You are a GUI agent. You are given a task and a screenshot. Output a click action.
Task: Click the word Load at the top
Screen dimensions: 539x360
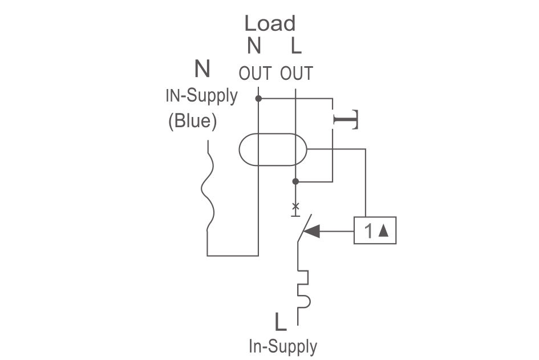point(270,23)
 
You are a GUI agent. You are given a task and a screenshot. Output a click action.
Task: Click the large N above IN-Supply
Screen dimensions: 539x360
point(202,69)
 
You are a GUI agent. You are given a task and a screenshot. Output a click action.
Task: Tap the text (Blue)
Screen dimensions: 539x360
point(193,121)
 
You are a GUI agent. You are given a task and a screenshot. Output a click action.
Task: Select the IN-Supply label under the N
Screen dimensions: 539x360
point(201,96)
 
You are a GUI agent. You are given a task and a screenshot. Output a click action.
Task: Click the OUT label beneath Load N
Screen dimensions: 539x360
point(255,73)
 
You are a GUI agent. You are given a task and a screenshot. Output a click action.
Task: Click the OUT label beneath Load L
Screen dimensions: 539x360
point(297,73)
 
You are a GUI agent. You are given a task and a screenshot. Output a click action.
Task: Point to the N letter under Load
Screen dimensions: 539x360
point(254,46)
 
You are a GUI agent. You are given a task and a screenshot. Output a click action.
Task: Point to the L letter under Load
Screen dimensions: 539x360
point(296,46)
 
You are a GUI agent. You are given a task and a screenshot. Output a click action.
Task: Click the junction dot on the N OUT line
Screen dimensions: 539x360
point(258,99)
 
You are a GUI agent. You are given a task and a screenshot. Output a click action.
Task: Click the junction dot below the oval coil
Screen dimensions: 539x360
point(295,181)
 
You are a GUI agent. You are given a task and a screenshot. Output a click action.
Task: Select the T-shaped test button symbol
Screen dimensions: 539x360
point(346,120)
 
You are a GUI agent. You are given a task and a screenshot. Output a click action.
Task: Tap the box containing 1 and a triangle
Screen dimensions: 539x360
point(375,230)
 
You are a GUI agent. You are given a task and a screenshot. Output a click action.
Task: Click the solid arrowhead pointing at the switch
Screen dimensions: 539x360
point(312,231)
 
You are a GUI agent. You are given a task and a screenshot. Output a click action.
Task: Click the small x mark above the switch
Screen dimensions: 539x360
point(295,207)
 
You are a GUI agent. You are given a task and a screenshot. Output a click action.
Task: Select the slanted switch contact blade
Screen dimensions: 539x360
point(305,228)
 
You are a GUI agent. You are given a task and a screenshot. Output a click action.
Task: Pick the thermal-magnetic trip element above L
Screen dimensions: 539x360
point(303,289)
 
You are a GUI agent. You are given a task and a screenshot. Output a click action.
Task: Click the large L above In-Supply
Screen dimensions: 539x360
point(281,322)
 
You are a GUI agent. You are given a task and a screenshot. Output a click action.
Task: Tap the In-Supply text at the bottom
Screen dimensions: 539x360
point(283,346)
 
